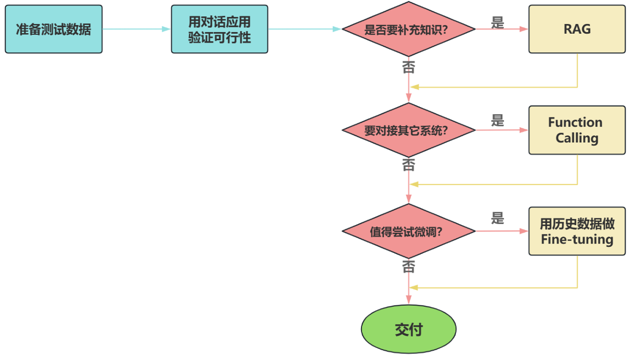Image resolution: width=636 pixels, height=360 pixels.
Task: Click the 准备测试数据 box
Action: click(x=53, y=29)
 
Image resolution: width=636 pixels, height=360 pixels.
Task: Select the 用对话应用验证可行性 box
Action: click(x=219, y=29)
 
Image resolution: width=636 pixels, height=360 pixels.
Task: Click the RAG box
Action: click(x=577, y=29)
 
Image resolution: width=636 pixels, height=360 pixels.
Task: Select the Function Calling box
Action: click(x=577, y=130)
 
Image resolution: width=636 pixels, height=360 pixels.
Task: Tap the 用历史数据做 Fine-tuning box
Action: click(x=577, y=232)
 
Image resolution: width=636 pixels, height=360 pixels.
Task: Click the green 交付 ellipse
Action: click(x=409, y=330)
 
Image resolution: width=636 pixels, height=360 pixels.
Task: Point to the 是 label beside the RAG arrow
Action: click(x=497, y=22)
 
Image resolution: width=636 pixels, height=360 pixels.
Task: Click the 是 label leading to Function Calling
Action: click(x=497, y=121)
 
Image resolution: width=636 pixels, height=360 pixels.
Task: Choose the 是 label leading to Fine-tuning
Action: click(x=497, y=219)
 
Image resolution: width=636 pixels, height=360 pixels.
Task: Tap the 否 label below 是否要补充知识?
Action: click(x=408, y=67)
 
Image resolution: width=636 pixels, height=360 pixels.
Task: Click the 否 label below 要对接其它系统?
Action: click(x=408, y=165)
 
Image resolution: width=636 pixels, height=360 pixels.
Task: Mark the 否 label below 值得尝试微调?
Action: click(x=408, y=267)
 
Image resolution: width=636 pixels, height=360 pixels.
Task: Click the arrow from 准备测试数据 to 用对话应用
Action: click(x=136, y=29)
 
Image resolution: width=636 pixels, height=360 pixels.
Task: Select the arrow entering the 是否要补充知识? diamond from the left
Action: click(x=304, y=29)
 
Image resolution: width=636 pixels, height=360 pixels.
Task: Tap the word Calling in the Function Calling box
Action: click(x=577, y=138)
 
